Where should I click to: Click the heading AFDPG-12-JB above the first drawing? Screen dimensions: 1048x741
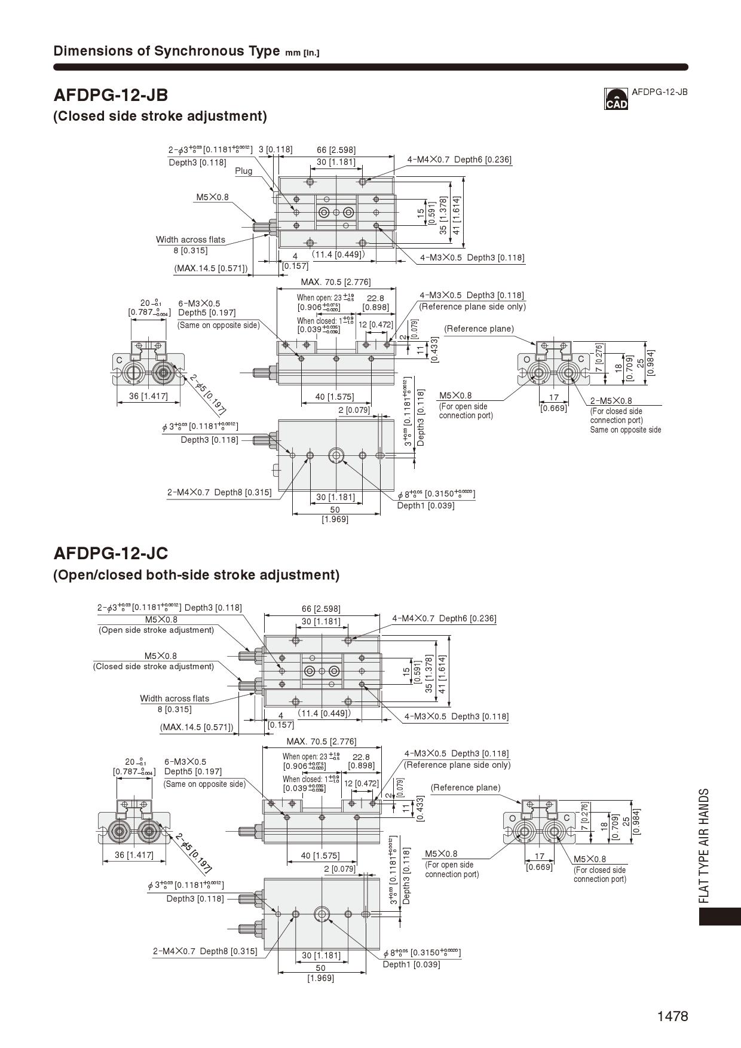[111, 95]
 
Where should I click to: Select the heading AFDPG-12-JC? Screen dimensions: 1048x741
[111, 553]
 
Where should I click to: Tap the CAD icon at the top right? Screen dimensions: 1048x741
[616, 99]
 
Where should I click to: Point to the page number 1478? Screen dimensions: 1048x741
[672, 1016]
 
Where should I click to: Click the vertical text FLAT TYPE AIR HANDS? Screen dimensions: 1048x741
[705, 845]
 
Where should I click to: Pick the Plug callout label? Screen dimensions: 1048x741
[243, 171]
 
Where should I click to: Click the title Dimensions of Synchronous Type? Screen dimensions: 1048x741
[166, 51]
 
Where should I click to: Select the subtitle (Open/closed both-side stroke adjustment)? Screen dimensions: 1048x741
[196, 575]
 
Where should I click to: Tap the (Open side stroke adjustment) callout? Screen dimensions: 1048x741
[156, 630]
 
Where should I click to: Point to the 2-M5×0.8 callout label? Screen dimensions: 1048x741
[611, 401]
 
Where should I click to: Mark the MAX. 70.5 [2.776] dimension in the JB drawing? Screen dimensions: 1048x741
[335, 282]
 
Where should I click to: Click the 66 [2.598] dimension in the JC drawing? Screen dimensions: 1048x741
[321, 608]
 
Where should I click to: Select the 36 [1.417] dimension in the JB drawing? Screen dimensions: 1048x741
[148, 396]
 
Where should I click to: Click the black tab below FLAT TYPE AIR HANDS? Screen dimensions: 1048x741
[719, 917]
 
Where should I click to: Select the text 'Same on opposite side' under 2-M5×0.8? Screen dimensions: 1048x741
[625, 430]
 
